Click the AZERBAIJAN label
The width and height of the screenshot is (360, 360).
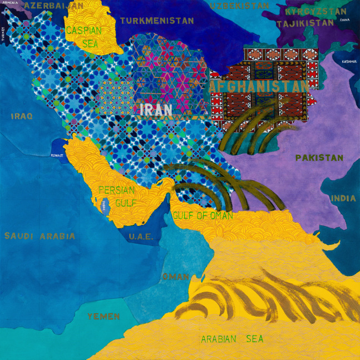point(53,6)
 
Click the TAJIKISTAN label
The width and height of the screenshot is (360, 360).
point(305,23)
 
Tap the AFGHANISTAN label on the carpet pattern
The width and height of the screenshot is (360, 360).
point(259,87)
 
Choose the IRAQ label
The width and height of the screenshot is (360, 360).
point(22,116)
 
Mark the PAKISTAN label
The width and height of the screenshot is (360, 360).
point(319,158)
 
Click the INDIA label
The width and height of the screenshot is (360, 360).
point(343,198)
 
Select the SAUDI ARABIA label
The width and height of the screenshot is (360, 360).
point(40,236)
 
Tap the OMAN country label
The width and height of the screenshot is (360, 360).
point(175,277)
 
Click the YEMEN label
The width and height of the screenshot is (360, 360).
point(103,317)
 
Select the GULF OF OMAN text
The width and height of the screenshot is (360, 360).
point(202,215)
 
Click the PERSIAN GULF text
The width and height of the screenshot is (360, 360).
point(117,196)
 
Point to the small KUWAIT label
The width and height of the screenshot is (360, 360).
point(58,156)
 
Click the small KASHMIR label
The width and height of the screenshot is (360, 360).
point(349,62)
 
